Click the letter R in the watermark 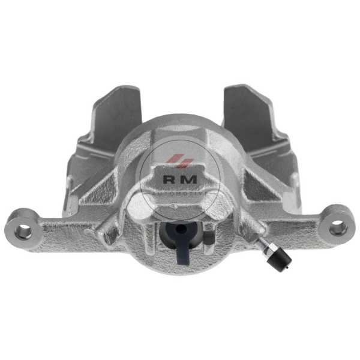(170, 179)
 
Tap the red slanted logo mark (179, 161)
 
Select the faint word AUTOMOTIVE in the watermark (180, 194)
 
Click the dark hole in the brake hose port (181, 229)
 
